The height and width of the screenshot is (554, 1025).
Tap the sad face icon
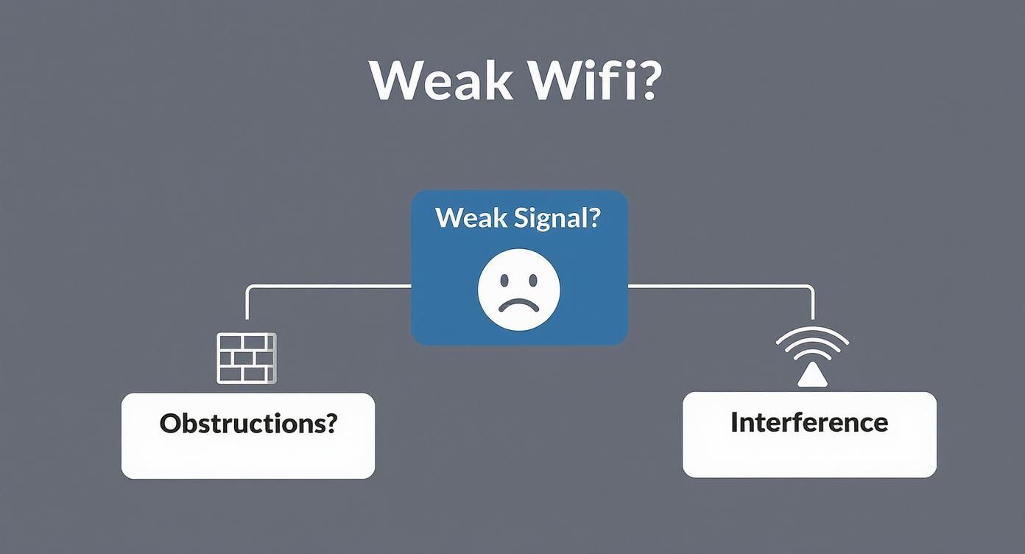point(519,289)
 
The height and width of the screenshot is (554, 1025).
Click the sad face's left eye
point(505,280)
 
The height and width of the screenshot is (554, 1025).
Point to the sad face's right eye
point(533,280)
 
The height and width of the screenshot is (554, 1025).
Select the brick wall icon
point(246,358)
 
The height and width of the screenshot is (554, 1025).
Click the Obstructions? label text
point(248,424)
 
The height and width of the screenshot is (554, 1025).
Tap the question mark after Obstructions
point(331,424)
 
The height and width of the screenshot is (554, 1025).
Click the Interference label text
point(809,422)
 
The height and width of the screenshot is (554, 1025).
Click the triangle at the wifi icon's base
point(812,376)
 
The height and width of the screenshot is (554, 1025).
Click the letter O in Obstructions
point(170,424)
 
